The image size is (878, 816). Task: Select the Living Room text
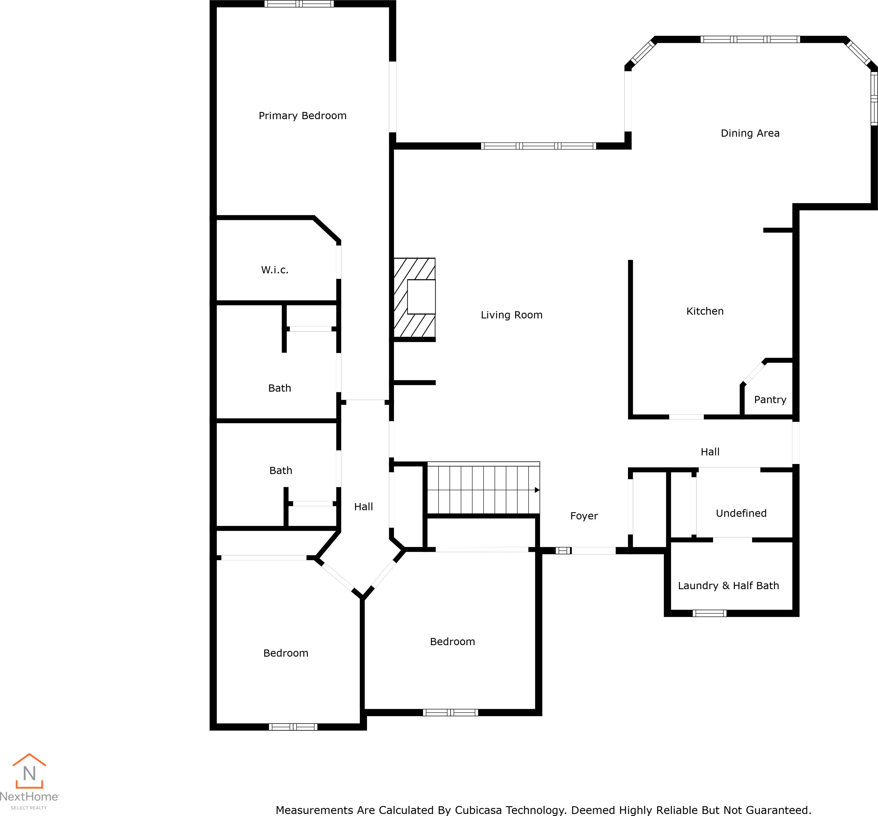512,315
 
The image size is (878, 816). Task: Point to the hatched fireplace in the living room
414,298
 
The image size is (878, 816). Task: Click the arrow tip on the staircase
537,490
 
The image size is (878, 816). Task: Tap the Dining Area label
750,133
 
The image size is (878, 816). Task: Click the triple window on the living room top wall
538,146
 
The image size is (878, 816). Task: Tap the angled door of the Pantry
754,373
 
